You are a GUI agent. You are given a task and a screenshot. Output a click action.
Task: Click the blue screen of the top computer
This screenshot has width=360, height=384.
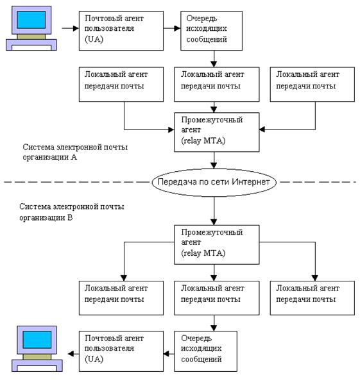(x=31, y=20)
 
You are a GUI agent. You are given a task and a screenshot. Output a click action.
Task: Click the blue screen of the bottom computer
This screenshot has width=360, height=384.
(x=37, y=339)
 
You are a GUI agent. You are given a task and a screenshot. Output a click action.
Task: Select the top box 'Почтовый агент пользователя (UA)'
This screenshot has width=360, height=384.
(x=121, y=31)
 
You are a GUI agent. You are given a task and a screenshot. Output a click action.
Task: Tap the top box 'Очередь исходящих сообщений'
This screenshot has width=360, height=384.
(x=212, y=31)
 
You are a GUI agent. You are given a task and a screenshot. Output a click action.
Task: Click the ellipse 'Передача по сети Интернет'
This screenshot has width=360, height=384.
(x=214, y=182)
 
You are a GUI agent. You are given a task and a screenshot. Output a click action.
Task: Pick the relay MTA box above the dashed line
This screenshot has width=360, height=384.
(x=217, y=132)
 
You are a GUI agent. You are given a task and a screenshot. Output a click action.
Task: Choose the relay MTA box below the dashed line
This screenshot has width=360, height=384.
(x=217, y=245)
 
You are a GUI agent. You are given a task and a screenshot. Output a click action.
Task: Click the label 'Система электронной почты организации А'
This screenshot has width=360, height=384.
(x=75, y=152)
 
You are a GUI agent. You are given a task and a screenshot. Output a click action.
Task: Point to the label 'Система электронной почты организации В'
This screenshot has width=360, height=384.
(x=72, y=212)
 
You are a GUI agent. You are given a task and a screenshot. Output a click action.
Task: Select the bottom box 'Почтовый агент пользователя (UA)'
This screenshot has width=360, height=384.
(x=121, y=351)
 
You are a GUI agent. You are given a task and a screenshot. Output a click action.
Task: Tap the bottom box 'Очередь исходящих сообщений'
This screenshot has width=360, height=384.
(x=205, y=351)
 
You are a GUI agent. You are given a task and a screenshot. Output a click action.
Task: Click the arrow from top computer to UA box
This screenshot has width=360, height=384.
(x=71, y=28)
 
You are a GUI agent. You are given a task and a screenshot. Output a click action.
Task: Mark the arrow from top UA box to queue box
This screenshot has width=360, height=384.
(x=172, y=28)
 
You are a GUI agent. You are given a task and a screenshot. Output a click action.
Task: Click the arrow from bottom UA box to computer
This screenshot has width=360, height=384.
(x=73, y=354)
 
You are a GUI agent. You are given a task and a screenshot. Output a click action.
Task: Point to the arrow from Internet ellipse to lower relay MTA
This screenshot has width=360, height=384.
(x=214, y=211)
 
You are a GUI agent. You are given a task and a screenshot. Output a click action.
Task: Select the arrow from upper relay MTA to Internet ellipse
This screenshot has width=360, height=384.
(x=214, y=160)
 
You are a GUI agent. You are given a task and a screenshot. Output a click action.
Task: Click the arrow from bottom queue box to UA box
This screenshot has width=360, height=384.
(x=169, y=354)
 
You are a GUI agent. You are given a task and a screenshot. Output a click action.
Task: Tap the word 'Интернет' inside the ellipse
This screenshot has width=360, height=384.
(x=250, y=181)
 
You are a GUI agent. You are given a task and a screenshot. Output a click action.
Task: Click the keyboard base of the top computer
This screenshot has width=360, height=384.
(x=31, y=45)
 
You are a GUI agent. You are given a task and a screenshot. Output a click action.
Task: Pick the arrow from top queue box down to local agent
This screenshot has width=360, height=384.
(x=214, y=59)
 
